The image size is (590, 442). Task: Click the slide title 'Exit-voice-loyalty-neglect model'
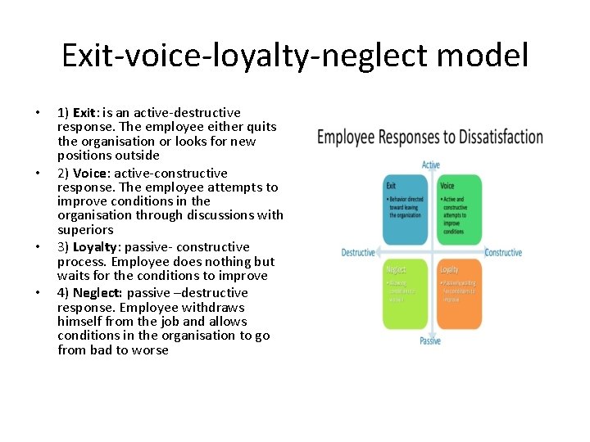295,56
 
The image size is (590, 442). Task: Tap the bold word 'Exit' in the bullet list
84,112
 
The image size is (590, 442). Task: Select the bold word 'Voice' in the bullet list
92,173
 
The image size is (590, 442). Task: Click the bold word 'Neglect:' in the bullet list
98,292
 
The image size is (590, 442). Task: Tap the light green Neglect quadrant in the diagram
405,294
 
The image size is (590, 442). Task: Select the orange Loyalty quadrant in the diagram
459,294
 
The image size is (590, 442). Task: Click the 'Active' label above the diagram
431,165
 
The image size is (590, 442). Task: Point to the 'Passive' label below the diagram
430,341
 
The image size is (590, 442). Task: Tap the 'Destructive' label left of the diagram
358,253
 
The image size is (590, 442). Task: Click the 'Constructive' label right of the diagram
503,253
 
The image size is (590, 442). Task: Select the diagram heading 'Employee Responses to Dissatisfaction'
429,137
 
